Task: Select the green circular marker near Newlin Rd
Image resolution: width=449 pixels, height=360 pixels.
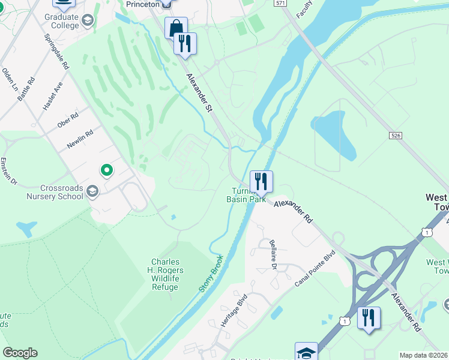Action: pyautogui.click(x=107, y=171)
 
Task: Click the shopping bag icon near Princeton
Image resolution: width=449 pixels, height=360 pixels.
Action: pyautogui.click(x=176, y=28)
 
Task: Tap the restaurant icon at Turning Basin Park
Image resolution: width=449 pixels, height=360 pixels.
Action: pyautogui.click(x=261, y=181)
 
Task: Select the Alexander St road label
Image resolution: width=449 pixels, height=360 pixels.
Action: pyautogui.click(x=200, y=93)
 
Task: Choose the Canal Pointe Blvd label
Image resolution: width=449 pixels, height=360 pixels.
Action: pyautogui.click(x=313, y=268)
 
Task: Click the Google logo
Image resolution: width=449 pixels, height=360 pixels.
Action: pyautogui.click(x=20, y=353)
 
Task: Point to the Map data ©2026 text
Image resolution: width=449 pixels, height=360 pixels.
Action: pyautogui.click(x=424, y=355)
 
